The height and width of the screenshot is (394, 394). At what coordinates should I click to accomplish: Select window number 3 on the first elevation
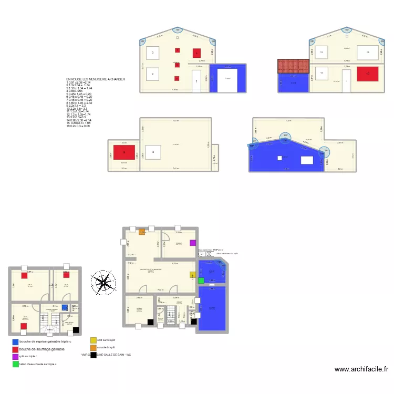[x=152, y=53]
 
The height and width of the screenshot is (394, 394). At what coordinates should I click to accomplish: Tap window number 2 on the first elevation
[x=152, y=75]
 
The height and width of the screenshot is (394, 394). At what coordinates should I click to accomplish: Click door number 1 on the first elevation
[x=196, y=82]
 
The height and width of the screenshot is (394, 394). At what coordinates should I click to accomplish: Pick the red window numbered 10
[x=368, y=74]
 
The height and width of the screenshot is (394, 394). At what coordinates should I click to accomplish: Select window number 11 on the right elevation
[x=321, y=74]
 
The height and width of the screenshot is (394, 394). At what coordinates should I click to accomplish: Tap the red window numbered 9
[x=124, y=153]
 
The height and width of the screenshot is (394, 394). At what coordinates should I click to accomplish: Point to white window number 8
[x=153, y=153]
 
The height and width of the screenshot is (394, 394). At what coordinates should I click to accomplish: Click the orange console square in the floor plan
[x=141, y=232]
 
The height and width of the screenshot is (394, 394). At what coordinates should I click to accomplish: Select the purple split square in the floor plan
[x=193, y=243]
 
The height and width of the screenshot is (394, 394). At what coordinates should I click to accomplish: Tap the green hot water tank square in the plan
[x=201, y=281]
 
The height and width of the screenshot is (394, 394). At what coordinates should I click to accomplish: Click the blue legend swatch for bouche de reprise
[x=15, y=342]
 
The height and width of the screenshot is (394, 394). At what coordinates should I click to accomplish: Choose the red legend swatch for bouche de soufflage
[x=15, y=349]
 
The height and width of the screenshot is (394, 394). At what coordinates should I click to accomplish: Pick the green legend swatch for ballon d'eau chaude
[x=15, y=364]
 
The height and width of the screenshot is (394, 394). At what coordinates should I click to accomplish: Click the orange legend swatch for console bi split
[x=93, y=347]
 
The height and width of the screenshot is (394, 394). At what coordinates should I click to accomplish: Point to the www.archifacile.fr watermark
[x=362, y=369]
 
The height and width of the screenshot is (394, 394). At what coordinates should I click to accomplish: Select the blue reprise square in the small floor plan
[x=65, y=307]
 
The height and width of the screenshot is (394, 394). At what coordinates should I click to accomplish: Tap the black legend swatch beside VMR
[x=93, y=355]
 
